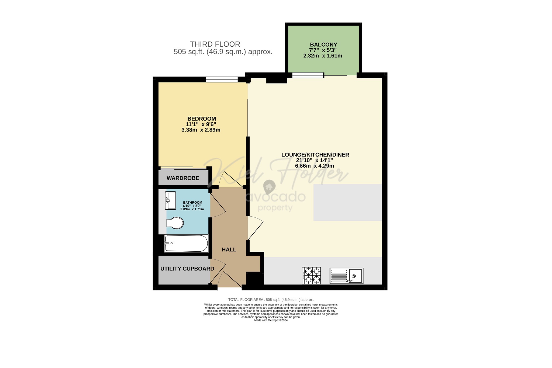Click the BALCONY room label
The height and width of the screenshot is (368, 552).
pyautogui.click(x=323, y=44)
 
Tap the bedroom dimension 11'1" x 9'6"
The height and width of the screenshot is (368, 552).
pyautogui.click(x=201, y=124)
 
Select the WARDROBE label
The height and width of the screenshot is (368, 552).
pyautogui.click(x=183, y=178)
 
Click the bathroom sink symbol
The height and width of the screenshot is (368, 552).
pyautogui.click(x=170, y=200)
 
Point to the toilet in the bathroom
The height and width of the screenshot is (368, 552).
pyautogui.click(x=175, y=223)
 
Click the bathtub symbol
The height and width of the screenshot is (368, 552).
pyautogui.click(x=186, y=243)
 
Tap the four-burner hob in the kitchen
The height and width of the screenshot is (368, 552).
pyautogui.click(x=312, y=275)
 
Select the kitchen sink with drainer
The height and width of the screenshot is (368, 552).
pyautogui.click(x=346, y=276)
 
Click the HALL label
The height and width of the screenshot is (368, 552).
pyautogui.click(x=229, y=250)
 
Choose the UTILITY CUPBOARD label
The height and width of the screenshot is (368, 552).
pyautogui.click(x=187, y=269)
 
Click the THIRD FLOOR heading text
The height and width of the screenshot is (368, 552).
pyautogui.click(x=215, y=44)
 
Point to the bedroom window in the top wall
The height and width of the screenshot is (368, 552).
pyautogui.click(x=222, y=79)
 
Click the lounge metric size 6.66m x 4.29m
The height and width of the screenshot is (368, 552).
pyautogui.click(x=314, y=166)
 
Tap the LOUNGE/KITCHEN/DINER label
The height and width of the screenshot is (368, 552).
pyautogui.click(x=315, y=155)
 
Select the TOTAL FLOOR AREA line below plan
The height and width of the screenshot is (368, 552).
pyautogui.click(x=271, y=300)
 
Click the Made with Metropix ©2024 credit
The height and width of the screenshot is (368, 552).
pyautogui.click(x=271, y=320)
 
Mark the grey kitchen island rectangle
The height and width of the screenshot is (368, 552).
pyautogui.click(x=347, y=202)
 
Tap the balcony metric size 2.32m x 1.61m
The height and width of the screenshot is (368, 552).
pyautogui.click(x=323, y=56)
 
